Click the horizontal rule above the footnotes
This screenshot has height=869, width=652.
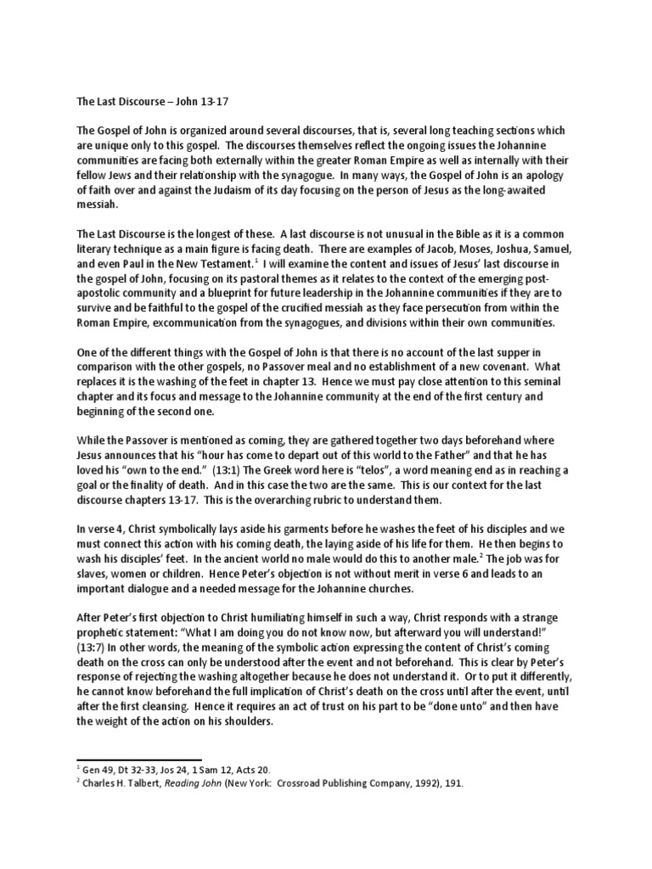[139, 760]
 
